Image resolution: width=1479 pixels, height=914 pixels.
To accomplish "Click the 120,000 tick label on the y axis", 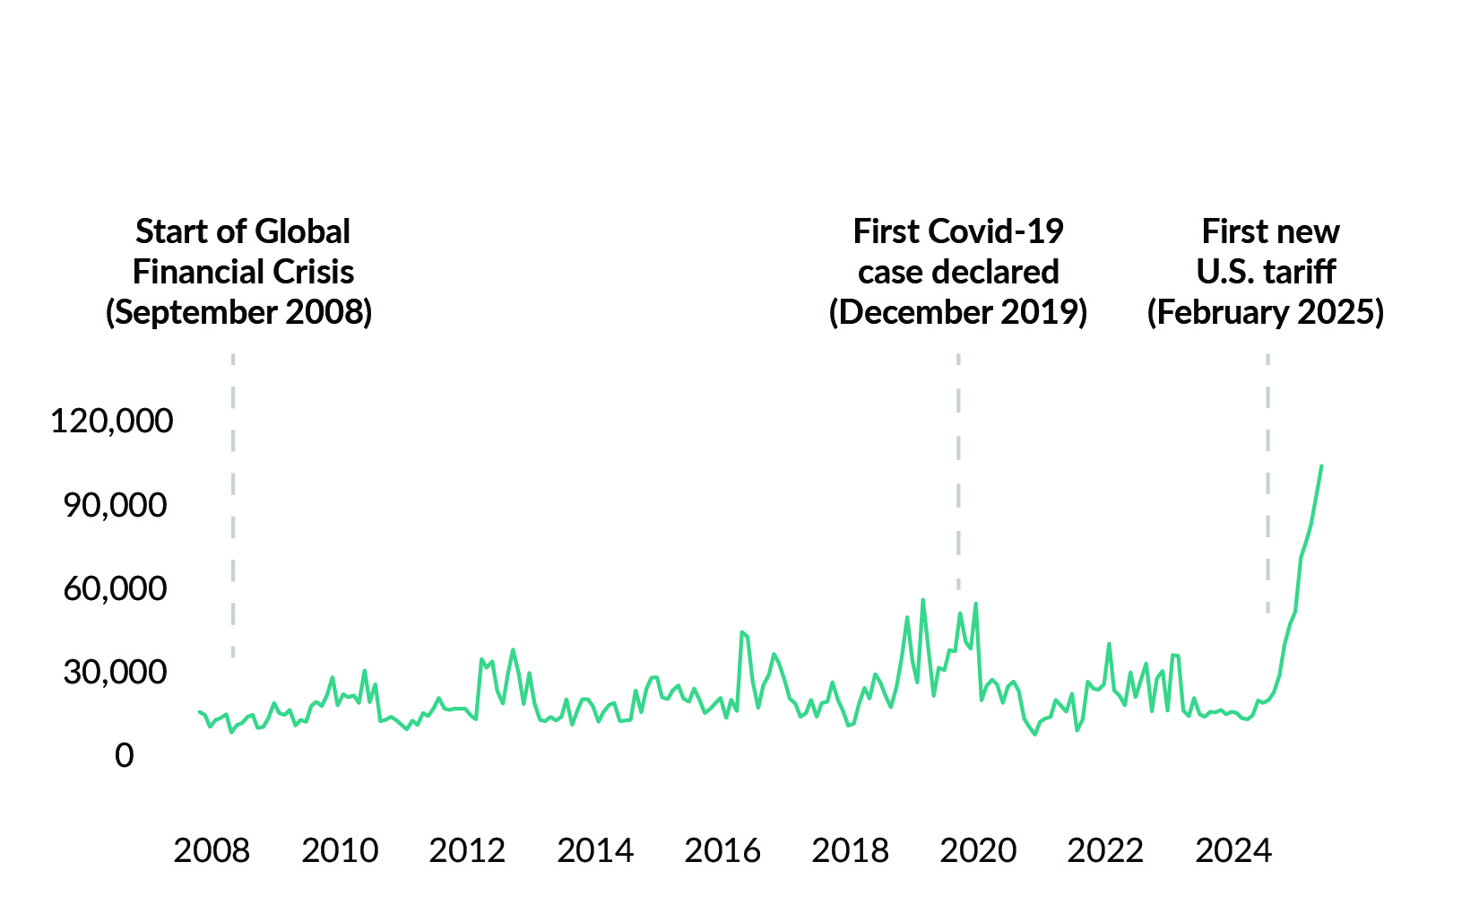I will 111,421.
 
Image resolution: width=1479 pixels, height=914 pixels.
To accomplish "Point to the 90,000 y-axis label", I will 115,506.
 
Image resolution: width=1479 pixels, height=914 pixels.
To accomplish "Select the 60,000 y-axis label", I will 115,589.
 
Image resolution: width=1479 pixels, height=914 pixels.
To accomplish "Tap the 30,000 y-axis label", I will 115,672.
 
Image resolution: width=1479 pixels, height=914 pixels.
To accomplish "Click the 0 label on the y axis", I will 125,756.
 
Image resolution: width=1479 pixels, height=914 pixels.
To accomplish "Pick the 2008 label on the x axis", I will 212,850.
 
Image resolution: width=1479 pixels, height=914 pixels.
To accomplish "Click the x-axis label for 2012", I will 467,850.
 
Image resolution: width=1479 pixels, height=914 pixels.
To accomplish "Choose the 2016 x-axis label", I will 722,850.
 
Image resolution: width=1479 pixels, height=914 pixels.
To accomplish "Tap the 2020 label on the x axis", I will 978,850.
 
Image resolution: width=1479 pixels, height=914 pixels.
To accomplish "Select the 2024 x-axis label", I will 1233,850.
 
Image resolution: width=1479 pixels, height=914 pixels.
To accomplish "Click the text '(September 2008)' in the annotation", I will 238,312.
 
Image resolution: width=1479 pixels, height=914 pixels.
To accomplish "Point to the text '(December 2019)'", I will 958,312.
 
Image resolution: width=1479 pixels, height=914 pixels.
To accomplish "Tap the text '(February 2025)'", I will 1266,312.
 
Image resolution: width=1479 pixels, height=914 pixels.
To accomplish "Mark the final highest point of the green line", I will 1321,466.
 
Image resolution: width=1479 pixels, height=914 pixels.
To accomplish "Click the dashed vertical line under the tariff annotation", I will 1267,484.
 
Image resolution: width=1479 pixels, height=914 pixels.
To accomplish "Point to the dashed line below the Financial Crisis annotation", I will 233,502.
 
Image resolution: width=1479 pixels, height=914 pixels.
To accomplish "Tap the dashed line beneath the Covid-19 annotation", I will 958,466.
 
